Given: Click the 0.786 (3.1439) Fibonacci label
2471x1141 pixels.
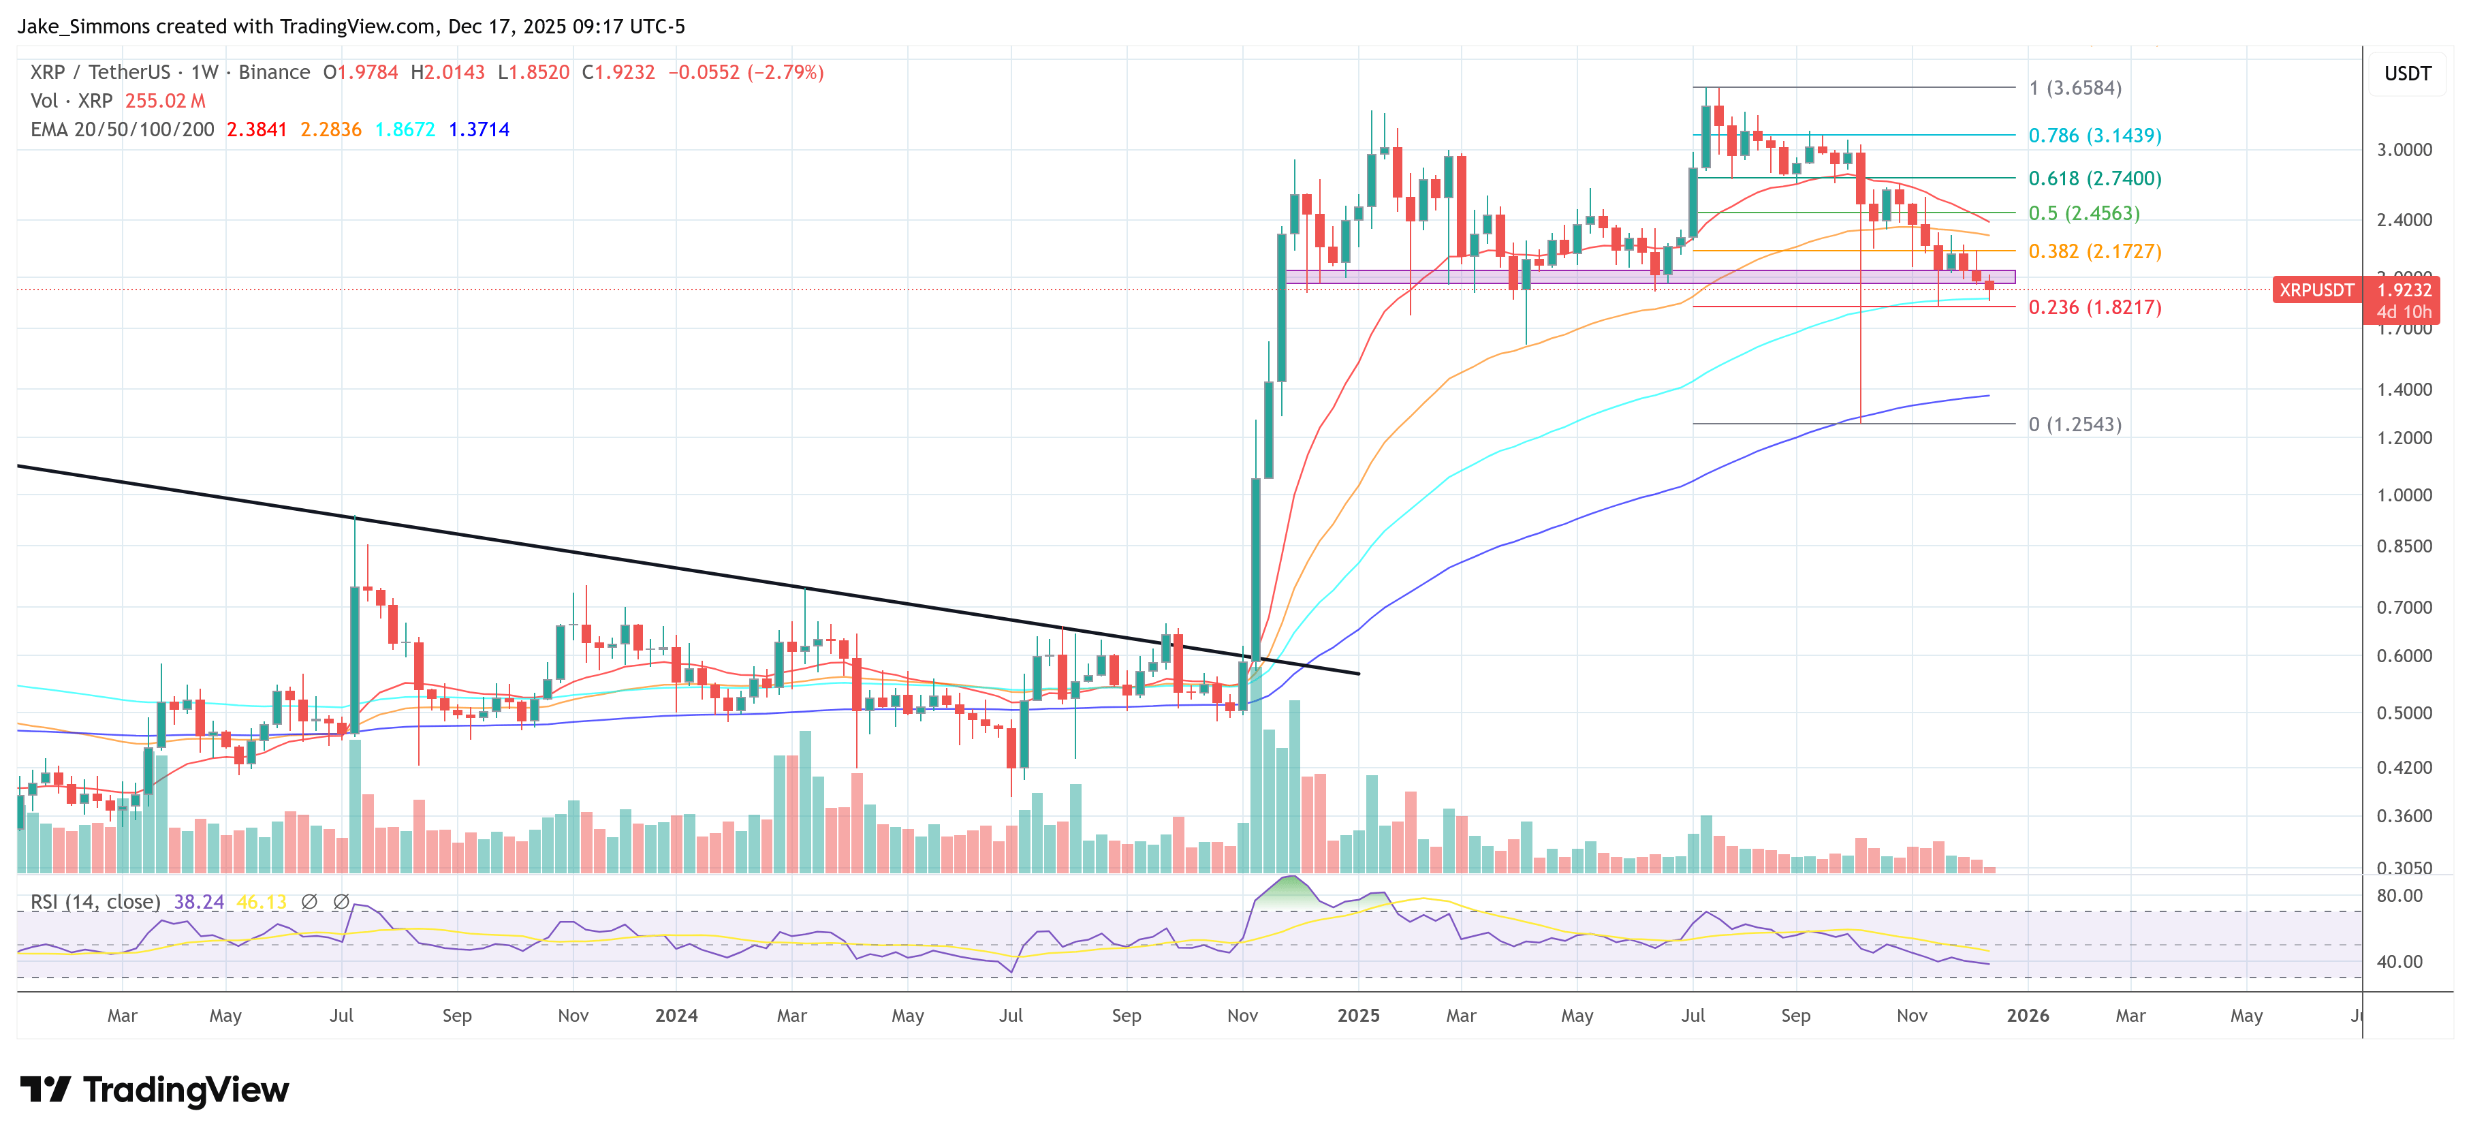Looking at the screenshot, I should click(x=2094, y=136).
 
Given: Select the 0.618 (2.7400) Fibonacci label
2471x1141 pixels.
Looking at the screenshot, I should click(x=2094, y=178).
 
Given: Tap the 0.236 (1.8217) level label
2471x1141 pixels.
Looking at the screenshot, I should click(x=2094, y=307).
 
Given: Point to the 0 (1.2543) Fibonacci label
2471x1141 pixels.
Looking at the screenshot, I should click(x=2074, y=424).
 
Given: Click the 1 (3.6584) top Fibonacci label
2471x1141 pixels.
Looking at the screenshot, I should click(x=2074, y=89).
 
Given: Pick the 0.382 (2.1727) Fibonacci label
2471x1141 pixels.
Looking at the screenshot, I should click(x=2094, y=251).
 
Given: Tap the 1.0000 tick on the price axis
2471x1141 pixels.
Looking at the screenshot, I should click(x=2403, y=495).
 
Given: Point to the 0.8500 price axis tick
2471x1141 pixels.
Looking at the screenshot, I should click(x=2403, y=546).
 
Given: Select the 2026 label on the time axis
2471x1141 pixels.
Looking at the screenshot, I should click(x=2027, y=1015).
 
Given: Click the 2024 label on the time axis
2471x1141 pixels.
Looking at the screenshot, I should click(x=676, y=1015).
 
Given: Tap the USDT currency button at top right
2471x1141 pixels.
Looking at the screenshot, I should click(x=2407, y=74).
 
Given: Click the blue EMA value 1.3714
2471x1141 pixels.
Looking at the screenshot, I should click(x=479, y=129).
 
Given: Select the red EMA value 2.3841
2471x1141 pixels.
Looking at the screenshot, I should click(x=256, y=129).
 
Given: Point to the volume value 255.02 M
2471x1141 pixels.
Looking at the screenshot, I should click(x=165, y=101).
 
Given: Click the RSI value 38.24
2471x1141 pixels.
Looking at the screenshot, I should click(x=199, y=902).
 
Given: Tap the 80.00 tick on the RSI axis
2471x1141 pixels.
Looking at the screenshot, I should click(x=2398, y=895).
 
